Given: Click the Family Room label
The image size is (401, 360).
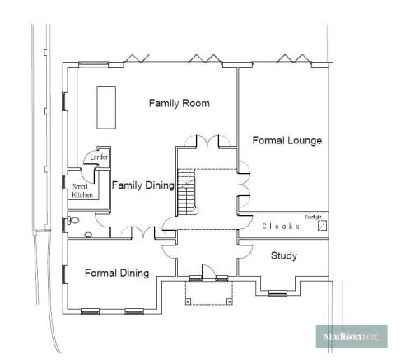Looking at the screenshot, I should point(179,103).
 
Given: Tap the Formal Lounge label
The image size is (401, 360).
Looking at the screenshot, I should point(287,140).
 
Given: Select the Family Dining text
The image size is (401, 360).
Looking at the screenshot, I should point(142,185).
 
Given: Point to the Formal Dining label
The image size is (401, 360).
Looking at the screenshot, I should point(116,273).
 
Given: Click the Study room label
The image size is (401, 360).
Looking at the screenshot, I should point(284,256).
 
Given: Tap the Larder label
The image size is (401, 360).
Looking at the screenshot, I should point(100,156).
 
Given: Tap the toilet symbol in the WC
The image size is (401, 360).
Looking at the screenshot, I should point(75,221).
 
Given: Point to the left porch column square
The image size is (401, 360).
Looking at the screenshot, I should point(188,302).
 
